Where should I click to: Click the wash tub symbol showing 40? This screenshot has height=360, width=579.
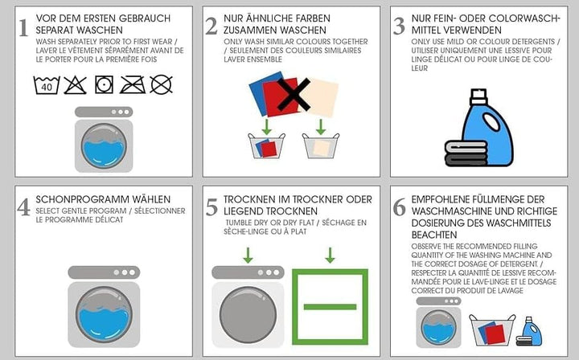point(47,85)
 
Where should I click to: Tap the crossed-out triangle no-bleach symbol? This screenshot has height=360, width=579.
point(76,85)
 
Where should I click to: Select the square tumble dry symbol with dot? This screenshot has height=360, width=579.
point(104,85)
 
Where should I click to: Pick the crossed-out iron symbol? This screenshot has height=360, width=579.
point(133,85)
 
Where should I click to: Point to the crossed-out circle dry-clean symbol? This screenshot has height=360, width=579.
point(162,85)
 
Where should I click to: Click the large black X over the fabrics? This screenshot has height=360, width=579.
point(294,95)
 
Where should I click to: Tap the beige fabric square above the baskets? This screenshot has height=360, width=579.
point(321,97)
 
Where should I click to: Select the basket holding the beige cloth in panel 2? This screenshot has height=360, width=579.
point(321,146)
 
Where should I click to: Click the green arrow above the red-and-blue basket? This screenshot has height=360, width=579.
point(266,126)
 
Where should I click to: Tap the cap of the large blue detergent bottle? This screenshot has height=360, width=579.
point(478,97)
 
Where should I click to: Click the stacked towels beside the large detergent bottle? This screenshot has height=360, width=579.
point(466,153)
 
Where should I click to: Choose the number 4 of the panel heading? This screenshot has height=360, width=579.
point(23,207)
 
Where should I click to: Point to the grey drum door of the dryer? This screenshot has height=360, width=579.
point(248,315)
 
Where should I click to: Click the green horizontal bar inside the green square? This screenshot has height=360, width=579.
point(330,307)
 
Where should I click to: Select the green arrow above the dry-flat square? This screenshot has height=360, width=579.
point(331,255)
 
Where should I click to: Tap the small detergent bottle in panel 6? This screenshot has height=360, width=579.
point(532,331)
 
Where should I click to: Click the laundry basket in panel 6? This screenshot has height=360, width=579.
point(492,329)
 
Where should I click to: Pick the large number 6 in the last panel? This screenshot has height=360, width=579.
point(399,207)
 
